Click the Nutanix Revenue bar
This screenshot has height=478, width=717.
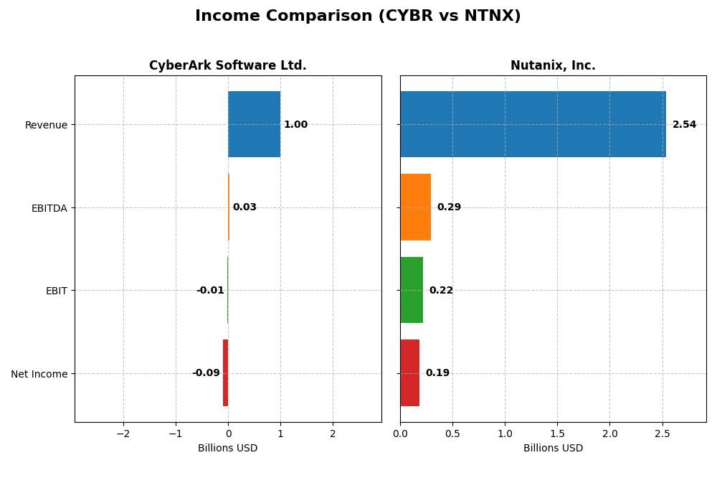pos(533,124)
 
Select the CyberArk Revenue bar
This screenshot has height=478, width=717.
pos(254,124)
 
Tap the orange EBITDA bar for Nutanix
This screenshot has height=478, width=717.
pos(415,207)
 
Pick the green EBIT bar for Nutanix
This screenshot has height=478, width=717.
pos(412,290)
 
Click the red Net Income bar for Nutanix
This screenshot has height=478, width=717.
pos(409,372)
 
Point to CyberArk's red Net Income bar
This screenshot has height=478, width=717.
pos(225,372)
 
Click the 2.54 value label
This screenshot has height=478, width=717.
pos(684,125)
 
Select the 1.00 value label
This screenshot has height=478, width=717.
pos(295,125)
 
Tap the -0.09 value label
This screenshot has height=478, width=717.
pos(206,373)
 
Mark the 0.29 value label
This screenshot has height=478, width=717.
pos(449,207)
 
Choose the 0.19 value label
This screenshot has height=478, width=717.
pos(437,373)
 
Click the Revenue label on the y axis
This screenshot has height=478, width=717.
pos(46,125)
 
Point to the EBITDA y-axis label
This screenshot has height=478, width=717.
pos(49,208)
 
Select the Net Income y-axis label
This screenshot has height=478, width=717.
pos(39,374)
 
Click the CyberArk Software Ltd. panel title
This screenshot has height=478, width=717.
pos(227,66)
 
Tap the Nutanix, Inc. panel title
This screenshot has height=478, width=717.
pos(553,66)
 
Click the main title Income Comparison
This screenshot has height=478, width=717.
pos(358,16)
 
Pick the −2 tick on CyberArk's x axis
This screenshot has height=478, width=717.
pos(123,434)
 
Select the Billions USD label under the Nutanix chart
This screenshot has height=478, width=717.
pos(553,449)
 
